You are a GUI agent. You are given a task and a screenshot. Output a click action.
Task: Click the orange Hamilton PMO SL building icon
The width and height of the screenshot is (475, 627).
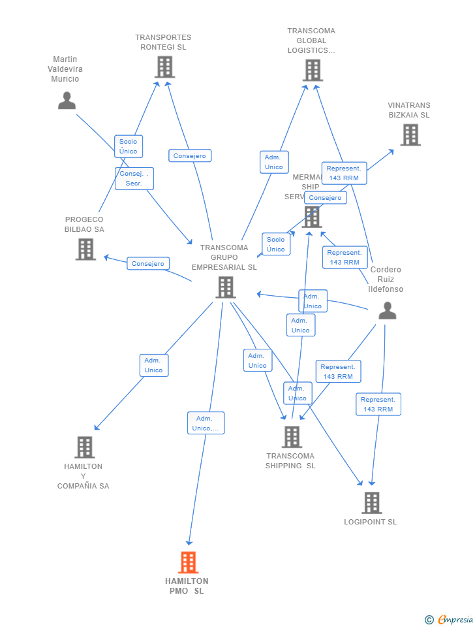coord(188,562)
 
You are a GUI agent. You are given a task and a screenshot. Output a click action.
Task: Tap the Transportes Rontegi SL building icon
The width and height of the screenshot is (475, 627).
coord(164,67)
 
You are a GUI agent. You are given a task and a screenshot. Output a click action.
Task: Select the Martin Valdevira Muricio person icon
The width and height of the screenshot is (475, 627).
coord(67,101)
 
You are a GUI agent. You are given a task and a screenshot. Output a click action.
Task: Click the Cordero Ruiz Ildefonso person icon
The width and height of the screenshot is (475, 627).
coord(387,311)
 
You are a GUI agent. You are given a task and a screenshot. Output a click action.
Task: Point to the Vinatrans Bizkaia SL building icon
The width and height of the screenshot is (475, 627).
coord(410,135)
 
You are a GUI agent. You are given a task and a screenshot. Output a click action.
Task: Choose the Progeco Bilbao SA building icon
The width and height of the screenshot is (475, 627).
coord(85,249)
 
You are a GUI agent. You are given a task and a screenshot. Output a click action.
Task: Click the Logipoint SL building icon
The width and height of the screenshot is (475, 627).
coord(371,503)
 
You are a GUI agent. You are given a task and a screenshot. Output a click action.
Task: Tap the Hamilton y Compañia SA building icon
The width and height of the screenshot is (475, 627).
coord(84,447)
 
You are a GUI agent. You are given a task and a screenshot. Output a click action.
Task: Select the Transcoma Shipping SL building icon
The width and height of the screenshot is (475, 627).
coord(292,437)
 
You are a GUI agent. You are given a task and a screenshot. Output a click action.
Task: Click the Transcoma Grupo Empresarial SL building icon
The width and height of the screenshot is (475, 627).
coord(225,287)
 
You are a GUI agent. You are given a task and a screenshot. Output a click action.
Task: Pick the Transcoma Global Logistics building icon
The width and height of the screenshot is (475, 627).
coord(313,71)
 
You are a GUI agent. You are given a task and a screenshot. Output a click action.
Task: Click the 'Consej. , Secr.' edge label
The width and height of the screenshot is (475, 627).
coord(134,178)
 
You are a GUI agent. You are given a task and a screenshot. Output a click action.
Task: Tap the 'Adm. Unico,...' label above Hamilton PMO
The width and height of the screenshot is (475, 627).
coord(206,423)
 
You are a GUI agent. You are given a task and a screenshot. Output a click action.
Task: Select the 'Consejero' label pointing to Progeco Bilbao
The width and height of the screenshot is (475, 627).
coord(148,264)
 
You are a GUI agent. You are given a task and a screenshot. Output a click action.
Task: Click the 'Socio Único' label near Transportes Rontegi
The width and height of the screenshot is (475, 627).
coord(129,146)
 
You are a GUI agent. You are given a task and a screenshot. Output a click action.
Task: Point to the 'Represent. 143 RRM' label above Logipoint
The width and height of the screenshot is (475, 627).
coord(378,404)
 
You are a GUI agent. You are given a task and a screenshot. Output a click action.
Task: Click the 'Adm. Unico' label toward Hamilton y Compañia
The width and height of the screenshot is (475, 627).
coord(154,365)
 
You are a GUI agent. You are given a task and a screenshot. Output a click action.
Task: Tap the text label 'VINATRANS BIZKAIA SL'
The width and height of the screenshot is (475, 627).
coord(409,110)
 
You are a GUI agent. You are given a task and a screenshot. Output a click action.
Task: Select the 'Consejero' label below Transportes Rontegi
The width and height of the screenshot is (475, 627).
coord(190,156)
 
